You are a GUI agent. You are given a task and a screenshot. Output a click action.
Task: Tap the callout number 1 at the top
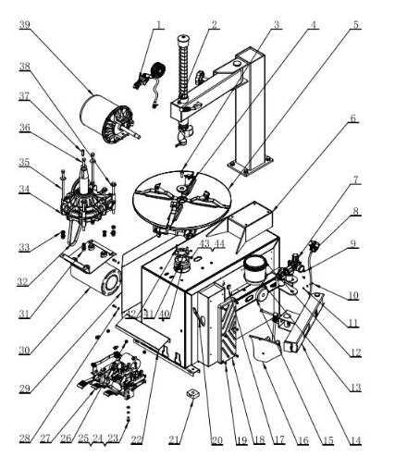pos(158,24)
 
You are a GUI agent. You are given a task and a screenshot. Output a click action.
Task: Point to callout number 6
pos(352,118)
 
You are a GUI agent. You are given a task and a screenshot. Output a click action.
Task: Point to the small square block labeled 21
pos(191,395)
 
